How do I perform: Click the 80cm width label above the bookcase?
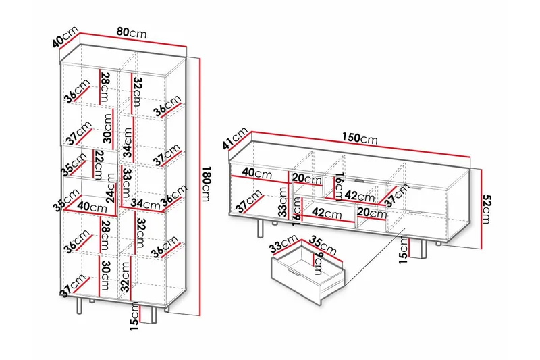[131, 32]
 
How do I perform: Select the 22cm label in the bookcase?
[99, 162]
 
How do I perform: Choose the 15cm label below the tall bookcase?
[136, 319]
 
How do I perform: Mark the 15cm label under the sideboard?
[403, 247]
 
